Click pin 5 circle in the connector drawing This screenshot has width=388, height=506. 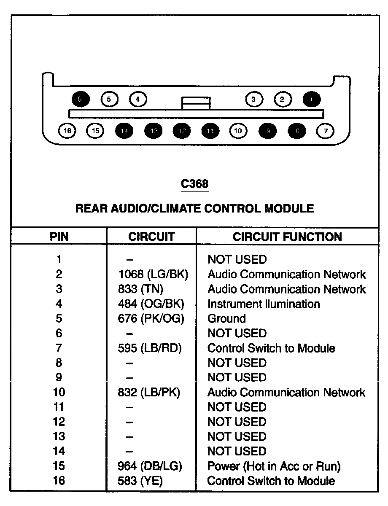(109, 100)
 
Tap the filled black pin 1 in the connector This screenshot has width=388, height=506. (312, 100)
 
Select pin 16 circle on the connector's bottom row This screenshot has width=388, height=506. (67, 131)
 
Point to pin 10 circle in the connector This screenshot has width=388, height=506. (238, 131)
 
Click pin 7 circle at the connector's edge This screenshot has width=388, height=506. (325, 131)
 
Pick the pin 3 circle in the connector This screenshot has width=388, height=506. (254, 100)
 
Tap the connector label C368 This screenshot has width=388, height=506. (194, 184)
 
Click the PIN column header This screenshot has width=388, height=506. (59, 237)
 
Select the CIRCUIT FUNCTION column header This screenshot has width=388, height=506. (287, 237)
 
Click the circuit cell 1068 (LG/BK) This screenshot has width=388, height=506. (153, 275)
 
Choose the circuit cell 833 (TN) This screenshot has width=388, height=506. (140, 289)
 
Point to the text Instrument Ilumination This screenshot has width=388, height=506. (264, 304)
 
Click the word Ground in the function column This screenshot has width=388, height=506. (226, 319)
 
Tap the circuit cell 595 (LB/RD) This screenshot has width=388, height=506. (151, 348)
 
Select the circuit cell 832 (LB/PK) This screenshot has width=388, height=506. (149, 393)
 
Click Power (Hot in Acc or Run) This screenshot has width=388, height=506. (274, 466)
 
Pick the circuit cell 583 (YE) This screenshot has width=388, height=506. (140, 481)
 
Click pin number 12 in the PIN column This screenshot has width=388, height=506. (59, 422)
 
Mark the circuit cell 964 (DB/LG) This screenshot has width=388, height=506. (150, 466)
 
